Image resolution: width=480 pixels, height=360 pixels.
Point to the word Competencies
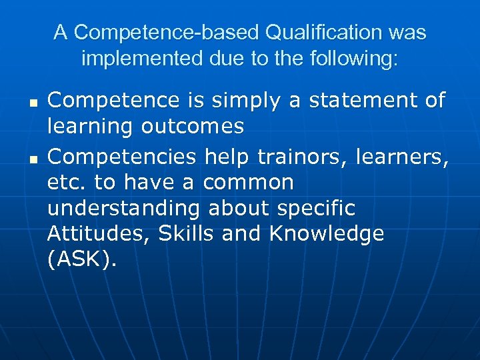tap(123, 155)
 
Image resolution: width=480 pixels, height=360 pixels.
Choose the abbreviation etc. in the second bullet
tap(66, 182)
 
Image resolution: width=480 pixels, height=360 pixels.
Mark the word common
tap(247, 182)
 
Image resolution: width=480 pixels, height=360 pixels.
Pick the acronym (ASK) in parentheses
tap(82, 261)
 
